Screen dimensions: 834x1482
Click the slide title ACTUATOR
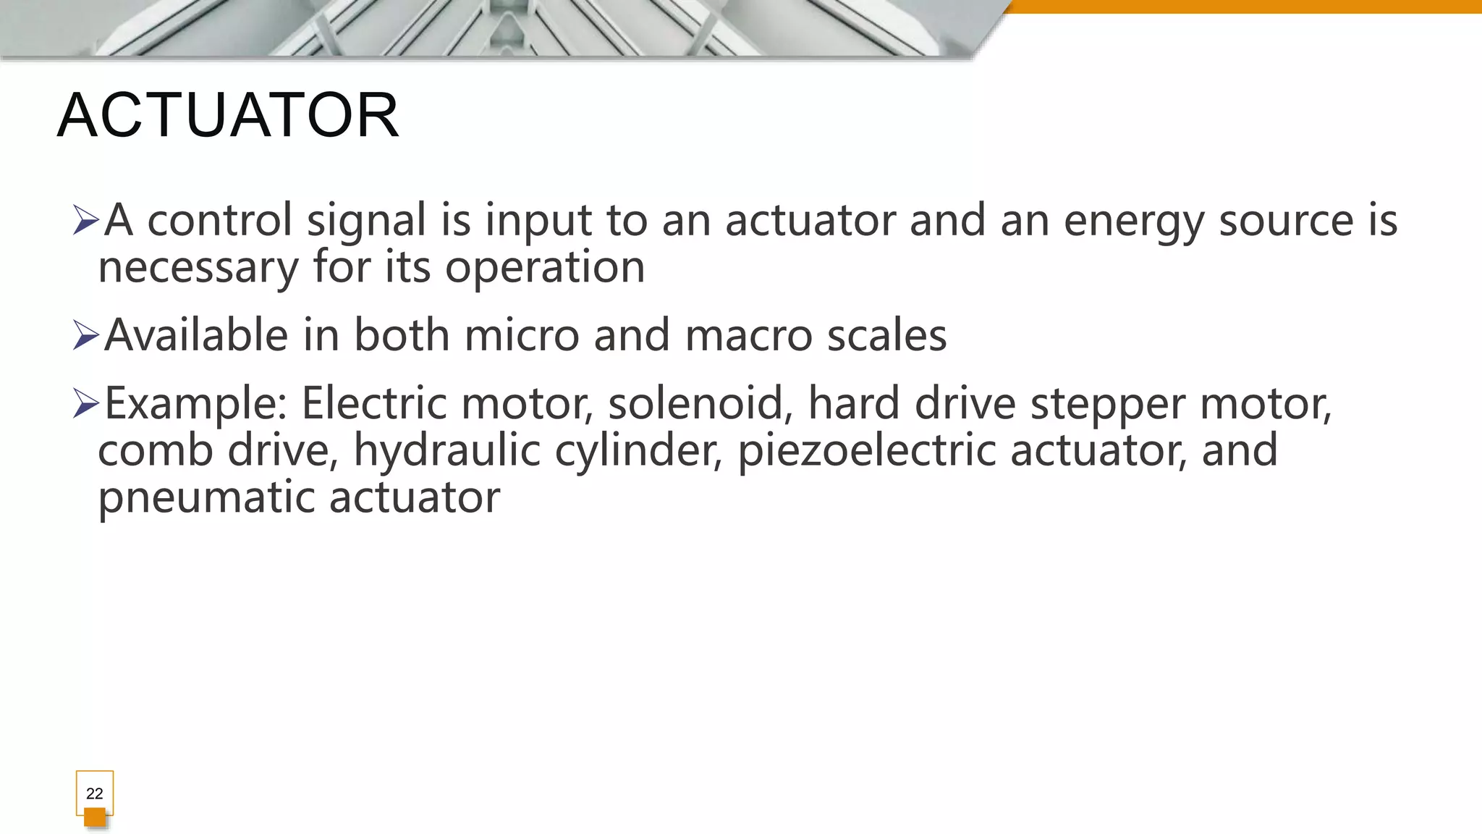228,116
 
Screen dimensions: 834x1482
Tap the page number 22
95,793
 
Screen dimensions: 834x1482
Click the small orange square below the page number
95,817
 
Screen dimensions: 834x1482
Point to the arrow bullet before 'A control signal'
85,220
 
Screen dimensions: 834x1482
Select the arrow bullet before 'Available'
85,336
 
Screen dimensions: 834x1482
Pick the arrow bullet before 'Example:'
85,403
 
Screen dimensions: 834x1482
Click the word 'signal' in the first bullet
366,221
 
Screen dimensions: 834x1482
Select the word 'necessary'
198,268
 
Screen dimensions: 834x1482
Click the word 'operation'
544,268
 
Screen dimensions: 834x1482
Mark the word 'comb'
155,450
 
